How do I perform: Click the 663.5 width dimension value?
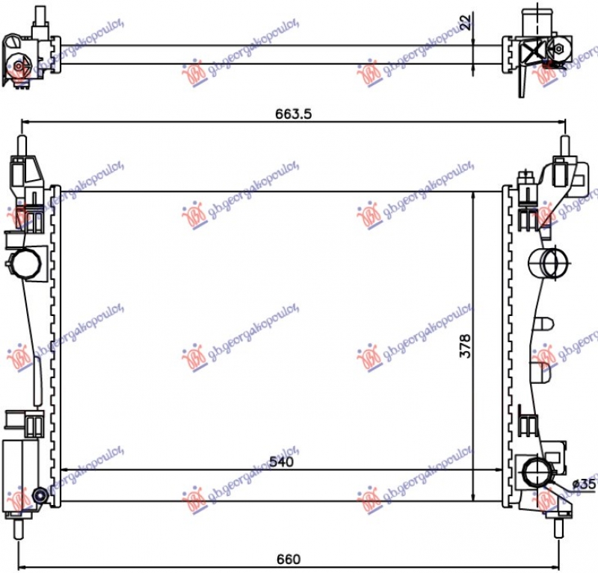tap(292, 114)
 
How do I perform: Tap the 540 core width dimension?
tap(282, 462)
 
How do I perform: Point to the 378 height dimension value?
tap(465, 345)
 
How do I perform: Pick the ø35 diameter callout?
tap(583, 484)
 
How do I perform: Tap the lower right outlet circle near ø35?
tap(536, 473)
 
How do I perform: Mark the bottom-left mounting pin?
tap(22, 526)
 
